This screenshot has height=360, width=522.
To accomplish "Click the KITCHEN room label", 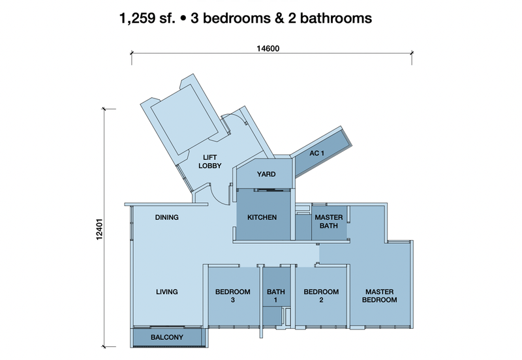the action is (x=262, y=217).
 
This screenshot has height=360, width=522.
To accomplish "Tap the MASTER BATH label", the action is (x=329, y=222).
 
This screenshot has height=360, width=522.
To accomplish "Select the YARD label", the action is (x=266, y=174).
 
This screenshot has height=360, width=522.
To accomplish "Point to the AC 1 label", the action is (x=316, y=153).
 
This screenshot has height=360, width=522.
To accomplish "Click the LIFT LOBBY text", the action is (x=209, y=161).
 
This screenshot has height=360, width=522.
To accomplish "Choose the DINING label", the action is (x=167, y=217).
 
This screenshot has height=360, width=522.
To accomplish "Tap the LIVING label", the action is (x=167, y=292).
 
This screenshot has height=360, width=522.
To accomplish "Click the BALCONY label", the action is (x=167, y=337).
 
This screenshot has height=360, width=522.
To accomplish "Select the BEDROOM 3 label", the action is (x=233, y=296).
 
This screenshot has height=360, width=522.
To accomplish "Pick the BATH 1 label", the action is (x=275, y=296).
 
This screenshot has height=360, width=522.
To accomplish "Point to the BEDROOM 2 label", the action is (x=321, y=296).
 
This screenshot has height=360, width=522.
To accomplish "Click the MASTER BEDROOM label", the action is (x=380, y=296).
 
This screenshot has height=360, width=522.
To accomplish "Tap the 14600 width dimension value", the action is (x=268, y=48).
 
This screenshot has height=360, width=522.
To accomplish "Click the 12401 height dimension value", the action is (x=99, y=230).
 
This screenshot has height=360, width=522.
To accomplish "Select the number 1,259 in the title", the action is (x=137, y=18).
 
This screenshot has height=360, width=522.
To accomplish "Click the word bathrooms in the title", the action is (x=336, y=18).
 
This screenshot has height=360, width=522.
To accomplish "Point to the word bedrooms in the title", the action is (x=237, y=18).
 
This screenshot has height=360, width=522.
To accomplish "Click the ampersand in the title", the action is (x=279, y=18).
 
